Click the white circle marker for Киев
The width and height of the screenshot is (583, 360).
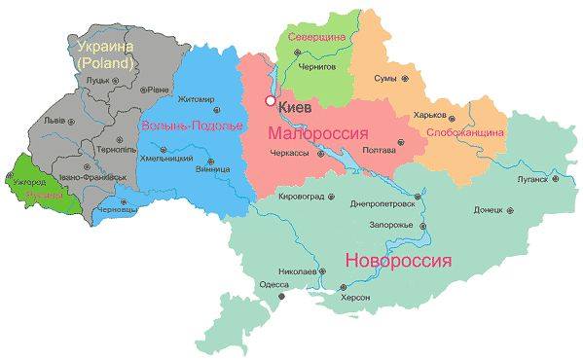click(x=270, y=100)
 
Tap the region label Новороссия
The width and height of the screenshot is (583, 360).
click(x=398, y=262)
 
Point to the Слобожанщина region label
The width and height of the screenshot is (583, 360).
click(x=465, y=131)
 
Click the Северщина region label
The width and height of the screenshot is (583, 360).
click(x=317, y=37)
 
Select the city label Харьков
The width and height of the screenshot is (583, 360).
click(x=432, y=114)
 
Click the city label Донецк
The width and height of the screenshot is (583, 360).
click(x=488, y=209)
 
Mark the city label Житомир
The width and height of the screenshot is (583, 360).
click(x=196, y=99)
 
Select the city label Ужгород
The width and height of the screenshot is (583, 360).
click(x=29, y=181)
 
